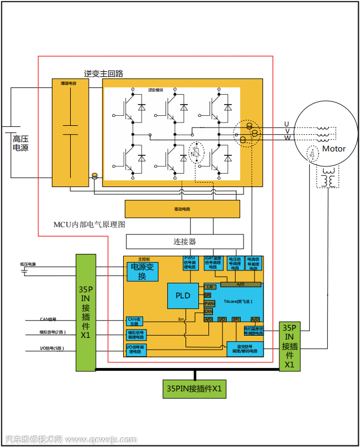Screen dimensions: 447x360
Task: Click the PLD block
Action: click(183, 296)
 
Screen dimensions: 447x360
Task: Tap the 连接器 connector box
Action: click(184, 242)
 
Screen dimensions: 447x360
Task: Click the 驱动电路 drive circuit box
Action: click(182, 209)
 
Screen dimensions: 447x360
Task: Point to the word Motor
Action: click(334, 149)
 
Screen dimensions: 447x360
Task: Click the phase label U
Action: click(286, 124)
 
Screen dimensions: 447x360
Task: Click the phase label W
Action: click(287, 137)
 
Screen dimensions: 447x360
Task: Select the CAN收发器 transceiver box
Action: click(134, 321)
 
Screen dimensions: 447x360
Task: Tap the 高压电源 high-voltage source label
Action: click(21, 143)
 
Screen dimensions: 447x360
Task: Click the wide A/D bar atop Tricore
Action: click(241, 284)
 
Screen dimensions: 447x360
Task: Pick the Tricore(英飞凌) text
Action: click(238, 301)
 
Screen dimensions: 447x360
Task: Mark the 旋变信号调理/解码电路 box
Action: click(245, 349)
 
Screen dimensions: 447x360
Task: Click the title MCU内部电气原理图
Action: click(89, 224)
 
